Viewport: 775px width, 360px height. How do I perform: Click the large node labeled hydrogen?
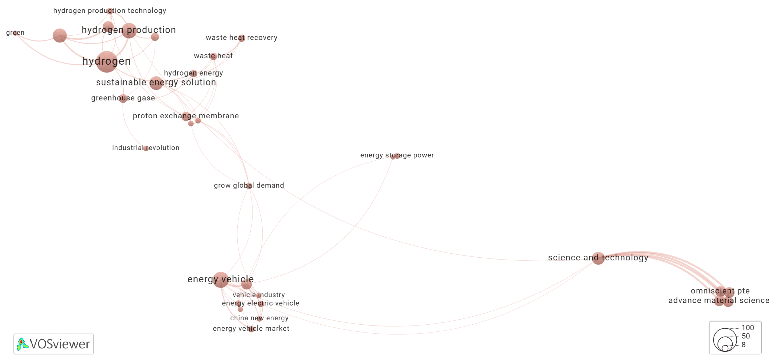(107, 62)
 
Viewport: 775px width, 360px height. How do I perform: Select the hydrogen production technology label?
(110, 10)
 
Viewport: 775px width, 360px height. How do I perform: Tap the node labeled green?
(15, 33)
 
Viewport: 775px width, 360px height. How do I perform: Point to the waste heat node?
(213, 56)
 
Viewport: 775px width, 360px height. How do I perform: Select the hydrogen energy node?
(193, 73)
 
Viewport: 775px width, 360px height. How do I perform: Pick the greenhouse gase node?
(123, 99)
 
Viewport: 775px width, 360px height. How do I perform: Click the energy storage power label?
(397, 155)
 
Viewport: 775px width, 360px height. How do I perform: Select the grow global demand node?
(249, 186)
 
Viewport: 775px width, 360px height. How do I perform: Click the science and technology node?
(598, 258)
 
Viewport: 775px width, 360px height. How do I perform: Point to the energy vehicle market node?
(251, 329)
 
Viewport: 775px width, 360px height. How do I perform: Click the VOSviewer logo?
(53, 344)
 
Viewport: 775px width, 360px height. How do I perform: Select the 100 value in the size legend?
(748, 328)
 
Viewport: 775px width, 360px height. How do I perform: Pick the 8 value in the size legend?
(743, 345)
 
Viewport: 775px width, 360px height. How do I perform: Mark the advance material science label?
(719, 301)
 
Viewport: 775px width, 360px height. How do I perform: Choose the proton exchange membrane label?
(186, 116)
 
